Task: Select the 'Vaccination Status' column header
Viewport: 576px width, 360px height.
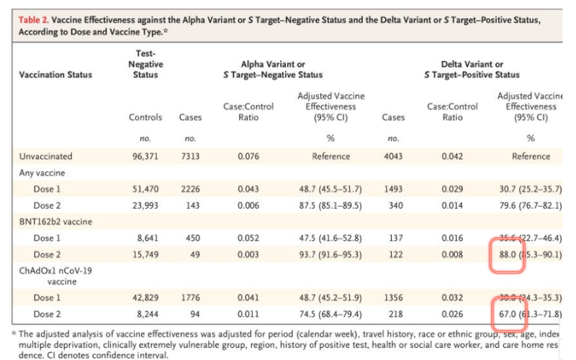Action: coord(55,75)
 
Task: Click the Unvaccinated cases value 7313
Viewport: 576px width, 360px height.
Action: coord(189,156)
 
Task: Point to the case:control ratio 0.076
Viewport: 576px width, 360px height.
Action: coord(248,156)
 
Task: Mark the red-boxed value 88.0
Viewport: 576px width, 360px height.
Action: coord(508,254)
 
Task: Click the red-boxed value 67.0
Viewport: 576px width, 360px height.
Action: coord(508,314)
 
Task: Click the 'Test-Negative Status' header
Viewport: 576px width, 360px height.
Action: coord(145,64)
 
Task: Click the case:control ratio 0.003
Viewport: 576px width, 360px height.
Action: coord(248,254)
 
